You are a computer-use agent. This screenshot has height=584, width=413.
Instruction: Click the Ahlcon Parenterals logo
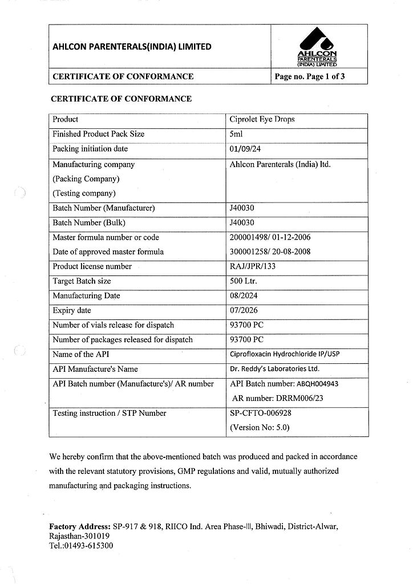click(317, 46)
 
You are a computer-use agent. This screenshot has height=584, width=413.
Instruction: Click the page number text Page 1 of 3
click(310, 76)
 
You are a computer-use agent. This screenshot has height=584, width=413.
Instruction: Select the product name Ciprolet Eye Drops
click(262, 120)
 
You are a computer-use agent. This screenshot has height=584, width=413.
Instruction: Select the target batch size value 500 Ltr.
click(243, 281)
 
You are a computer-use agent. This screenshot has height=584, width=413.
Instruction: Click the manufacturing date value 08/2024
click(245, 296)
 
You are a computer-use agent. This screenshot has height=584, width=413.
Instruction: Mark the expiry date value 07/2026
click(245, 311)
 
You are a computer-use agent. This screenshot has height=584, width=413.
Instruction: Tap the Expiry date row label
click(72, 311)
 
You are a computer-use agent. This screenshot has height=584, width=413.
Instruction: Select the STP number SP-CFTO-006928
click(260, 413)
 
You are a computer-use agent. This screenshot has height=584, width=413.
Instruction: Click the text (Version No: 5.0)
click(260, 427)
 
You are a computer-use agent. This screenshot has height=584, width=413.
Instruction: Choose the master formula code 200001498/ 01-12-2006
click(270, 237)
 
